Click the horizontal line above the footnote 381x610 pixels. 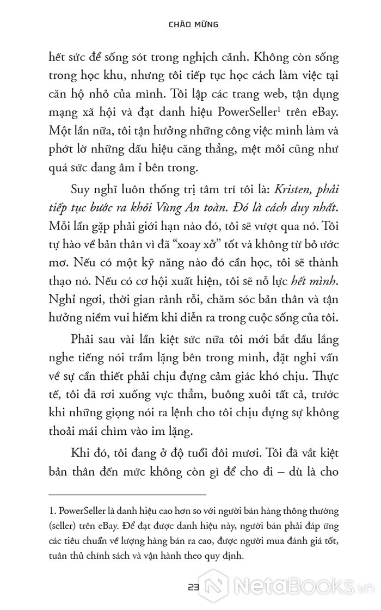[x=127, y=494]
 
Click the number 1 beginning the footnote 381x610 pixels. [x=52, y=512]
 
